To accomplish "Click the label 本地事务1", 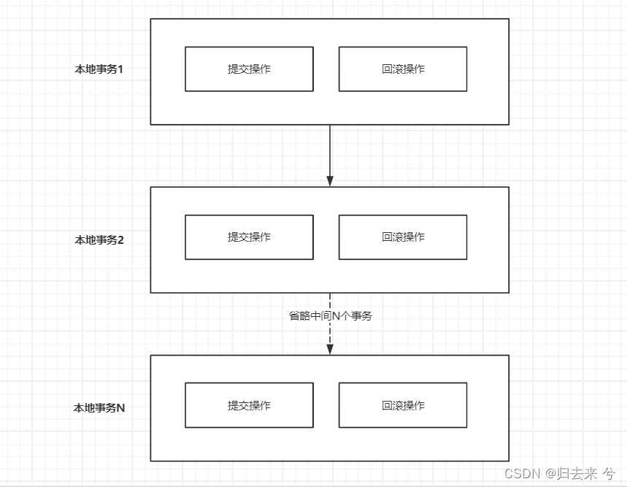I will pos(99,70).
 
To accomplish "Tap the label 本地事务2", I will pos(99,239).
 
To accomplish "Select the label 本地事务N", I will pos(99,408).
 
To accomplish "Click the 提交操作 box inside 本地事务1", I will pos(249,69).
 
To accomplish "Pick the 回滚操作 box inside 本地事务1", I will pos(403,69).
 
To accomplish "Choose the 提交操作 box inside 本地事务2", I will pos(249,237).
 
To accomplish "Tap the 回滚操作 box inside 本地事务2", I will pos(403,237).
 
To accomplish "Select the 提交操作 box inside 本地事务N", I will pos(249,406).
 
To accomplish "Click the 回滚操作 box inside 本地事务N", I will pos(403,406).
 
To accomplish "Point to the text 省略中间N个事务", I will pos(330,316).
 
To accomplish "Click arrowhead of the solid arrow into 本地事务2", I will pos(330,181).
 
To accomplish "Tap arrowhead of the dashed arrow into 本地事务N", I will pos(330,349).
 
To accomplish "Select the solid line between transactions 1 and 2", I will pos(330,150).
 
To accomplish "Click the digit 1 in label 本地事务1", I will pos(120,70).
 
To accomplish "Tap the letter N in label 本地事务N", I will pos(121,408).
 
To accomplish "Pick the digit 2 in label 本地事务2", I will pos(120,239).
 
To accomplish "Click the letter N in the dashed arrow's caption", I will pos(336,316).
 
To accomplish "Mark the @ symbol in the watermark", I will pos(547,473).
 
